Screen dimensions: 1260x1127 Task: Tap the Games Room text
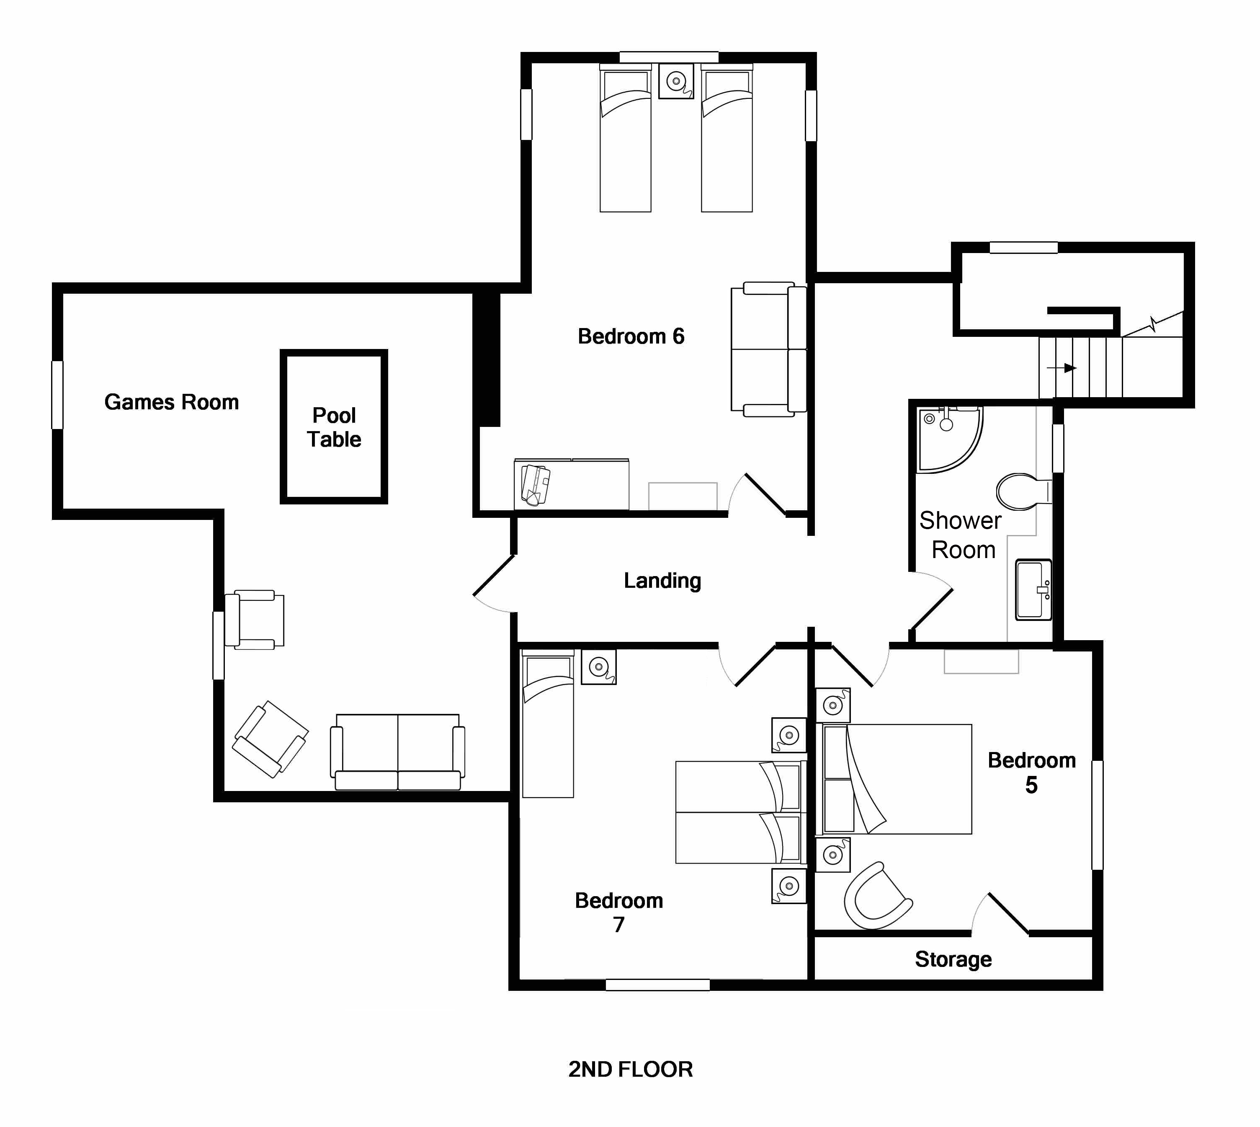coord(171,402)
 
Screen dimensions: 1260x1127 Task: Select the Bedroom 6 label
coord(631,336)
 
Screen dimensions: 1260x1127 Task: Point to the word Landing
coord(662,581)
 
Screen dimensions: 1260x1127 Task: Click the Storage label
coord(953,959)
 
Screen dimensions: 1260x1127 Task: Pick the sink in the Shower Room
coord(1033,589)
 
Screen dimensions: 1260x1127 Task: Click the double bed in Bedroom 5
coord(894,779)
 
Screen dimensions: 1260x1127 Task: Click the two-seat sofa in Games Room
coord(397,752)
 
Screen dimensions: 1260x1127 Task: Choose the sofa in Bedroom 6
coord(769,349)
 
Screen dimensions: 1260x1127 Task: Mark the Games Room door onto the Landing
coord(494,584)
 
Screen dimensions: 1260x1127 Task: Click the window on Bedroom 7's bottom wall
coord(657,985)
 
